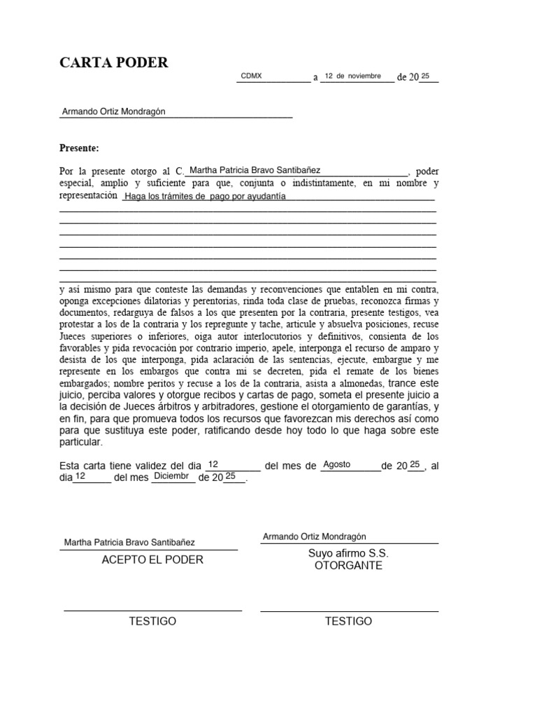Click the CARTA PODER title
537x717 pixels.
pyautogui.click(x=114, y=63)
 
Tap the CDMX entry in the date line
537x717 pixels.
pyautogui.click(x=251, y=76)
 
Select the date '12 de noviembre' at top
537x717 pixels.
pyautogui.click(x=353, y=76)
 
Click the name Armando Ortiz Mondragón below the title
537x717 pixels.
pyautogui.click(x=114, y=112)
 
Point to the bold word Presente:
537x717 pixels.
pyautogui.click(x=79, y=148)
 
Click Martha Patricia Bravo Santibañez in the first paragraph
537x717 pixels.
pyautogui.click(x=255, y=169)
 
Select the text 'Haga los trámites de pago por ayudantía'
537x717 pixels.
pyautogui.click(x=205, y=197)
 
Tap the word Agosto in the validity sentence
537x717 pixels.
pyautogui.click(x=337, y=464)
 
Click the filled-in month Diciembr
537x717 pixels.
pyautogui.click(x=172, y=476)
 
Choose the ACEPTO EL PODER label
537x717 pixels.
pyautogui.click(x=152, y=559)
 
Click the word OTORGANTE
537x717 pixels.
pyautogui.click(x=348, y=565)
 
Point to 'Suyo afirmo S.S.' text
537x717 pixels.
pyautogui.click(x=348, y=553)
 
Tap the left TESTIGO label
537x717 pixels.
pyautogui.click(x=152, y=621)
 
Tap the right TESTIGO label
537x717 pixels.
pyautogui.click(x=348, y=621)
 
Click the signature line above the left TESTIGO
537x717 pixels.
pyautogui.click(x=152, y=611)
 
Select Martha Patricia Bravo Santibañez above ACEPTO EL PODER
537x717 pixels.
pyautogui.click(x=129, y=542)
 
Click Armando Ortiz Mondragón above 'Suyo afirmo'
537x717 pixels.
pyautogui.click(x=315, y=537)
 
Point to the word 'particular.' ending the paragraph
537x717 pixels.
pyautogui.click(x=81, y=443)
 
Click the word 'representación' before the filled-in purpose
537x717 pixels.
pyautogui.click(x=88, y=196)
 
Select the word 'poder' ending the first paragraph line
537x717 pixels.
pyautogui.click(x=427, y=170)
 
